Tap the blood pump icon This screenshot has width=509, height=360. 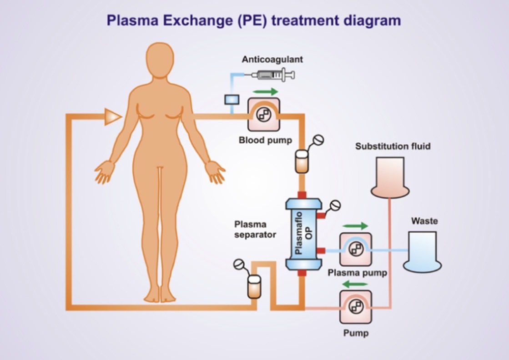[264, 116]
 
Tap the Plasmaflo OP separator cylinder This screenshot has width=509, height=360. [303, 232]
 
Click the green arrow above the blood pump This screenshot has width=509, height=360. [265, 92]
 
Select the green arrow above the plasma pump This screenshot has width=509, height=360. [355, 226]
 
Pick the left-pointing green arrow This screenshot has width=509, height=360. [355, 284]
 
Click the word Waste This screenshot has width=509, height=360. [424, 221]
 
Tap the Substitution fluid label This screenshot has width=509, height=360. [393, 146]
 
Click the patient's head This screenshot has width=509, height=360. [159, 59]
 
